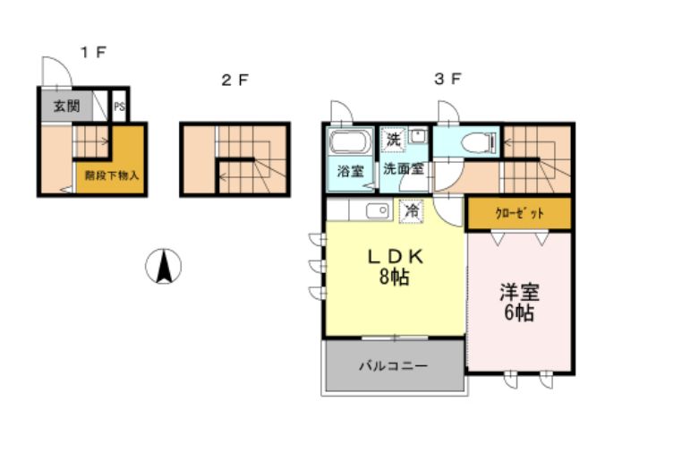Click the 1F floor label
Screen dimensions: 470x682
[x=93, y=52]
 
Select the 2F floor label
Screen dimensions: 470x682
[x=234, y=80]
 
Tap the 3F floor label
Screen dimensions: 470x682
[x=448, y=79]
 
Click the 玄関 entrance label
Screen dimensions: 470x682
[x=65, y=107]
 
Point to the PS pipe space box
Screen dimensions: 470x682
[x=119, y=107]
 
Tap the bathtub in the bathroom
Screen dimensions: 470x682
[x=349, y=143]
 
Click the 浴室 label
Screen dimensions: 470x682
[x=349, y=171]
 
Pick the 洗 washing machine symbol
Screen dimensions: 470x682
[x=394, y=139]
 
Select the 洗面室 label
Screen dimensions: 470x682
[x=403, y=167]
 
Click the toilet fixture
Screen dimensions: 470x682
[x=476, y=142]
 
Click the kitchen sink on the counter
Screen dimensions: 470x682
[x=376, y=211]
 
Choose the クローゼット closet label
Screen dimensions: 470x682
[x=519, y=214]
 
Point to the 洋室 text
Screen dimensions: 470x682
[x=519, y=292]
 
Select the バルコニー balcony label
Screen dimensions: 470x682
[x=394, y=365]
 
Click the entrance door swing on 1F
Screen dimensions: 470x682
[x=54, y=72]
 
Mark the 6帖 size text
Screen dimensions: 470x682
[x=519, y=313]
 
